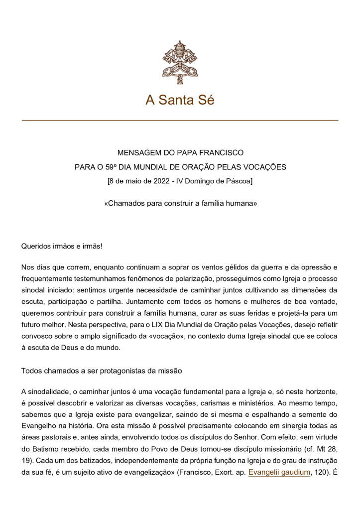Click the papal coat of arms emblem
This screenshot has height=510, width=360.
(x=180, y=62)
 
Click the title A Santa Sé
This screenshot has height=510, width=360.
(x=180, y=100)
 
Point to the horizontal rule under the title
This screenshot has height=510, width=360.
(x=180, y=121)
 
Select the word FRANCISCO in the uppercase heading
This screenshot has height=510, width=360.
(x=219, y=153)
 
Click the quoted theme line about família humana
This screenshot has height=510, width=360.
(x=180, y=204)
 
